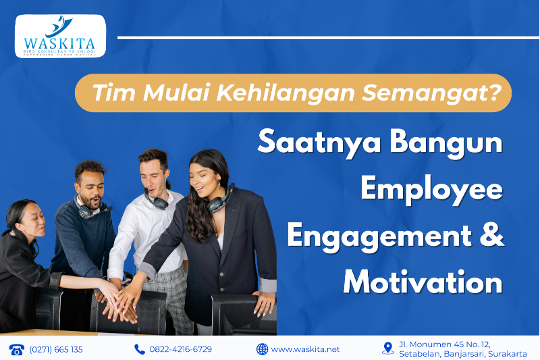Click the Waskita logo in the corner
pyautogui.click(x=60, y=36)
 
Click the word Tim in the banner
pyautogui.click(x=109, y=93)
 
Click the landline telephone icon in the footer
pyautogui.click(x=16, y=349)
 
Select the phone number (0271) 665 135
pyautogui.click(x=56, y=349)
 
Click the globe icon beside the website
pyautogui.click(x=262, y=349)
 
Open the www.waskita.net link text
pyautogui.click(x=306, y=349)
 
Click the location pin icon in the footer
pyautogui.click(x=387, y=349)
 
